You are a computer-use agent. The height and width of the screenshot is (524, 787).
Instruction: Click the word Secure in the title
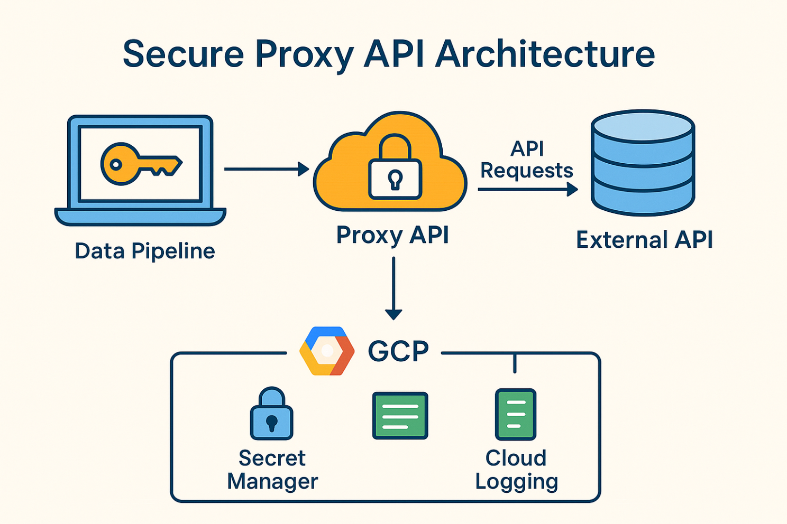pyautogui.click(x=182, y=54)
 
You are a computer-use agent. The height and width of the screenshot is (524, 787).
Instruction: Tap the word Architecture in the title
pyautogui.click(x=545, y=54)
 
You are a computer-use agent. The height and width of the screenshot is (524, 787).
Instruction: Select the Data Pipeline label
pyautogui.click(x=145, y=251)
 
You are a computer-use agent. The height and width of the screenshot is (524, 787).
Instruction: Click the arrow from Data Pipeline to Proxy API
pyautogui.click(x=266, y=169)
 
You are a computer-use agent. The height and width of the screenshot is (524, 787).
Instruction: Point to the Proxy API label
pyautogui.click(x=392, y=235)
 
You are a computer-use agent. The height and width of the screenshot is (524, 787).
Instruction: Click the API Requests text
pyautogui.click(x=526, y=160)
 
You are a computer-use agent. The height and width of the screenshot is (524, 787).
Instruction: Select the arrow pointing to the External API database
pyautogui.click(x=527, y=189)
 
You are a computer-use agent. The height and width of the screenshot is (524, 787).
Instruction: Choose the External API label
pyautogui.click(x=644, y=240)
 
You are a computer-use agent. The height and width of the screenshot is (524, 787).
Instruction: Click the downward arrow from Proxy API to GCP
pyautogui.click(x=393, y=288)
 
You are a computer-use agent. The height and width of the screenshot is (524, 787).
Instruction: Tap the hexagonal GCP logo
pyautogui.click(x=327, y=351)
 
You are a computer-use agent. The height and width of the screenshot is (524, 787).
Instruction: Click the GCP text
pyautogui.click(x=398, y=351)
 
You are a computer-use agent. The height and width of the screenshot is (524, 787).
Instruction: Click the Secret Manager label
pyautogui.click(x=272, y=470)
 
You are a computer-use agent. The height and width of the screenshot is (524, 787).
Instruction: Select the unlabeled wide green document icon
pyautogui.click(x=400, y=416)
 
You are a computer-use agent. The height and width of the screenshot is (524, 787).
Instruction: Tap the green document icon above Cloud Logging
pyautogui.click(x=516, y=415)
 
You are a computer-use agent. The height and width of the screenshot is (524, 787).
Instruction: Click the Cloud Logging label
pyautogui.click(x=516, y=470)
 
